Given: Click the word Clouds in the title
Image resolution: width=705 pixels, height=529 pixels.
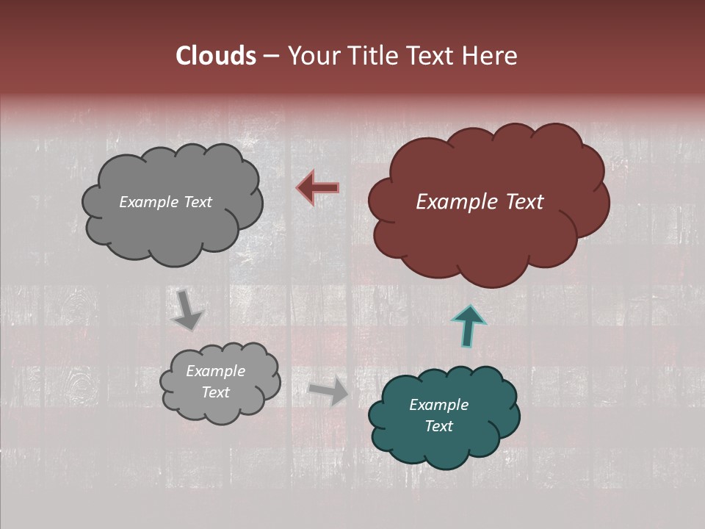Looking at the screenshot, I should pyautogui.click(x=215, y=55).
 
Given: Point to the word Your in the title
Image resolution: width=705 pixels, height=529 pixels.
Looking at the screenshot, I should pyautogui.click(x=309, y=55).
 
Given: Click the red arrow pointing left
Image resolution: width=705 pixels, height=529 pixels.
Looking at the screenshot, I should pyautogui.click(x=318, y=187).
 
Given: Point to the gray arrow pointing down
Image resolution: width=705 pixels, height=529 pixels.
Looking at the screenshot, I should pyautogui.click(x=187, y=310).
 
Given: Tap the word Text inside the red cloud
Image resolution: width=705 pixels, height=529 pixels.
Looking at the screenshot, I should pyautogui.click(x=524, y=202).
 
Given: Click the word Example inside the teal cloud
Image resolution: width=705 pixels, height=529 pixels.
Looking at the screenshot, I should pyautogui.click(x=438, y=405).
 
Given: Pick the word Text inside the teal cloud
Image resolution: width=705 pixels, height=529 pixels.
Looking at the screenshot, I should pyautogui.click(x=438, y=426).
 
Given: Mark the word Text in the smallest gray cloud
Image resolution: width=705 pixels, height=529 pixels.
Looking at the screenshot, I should pyautogui.click(x=215, y=392).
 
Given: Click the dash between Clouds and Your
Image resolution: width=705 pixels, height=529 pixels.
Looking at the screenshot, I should pyautogui.click(x=270, y=56).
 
